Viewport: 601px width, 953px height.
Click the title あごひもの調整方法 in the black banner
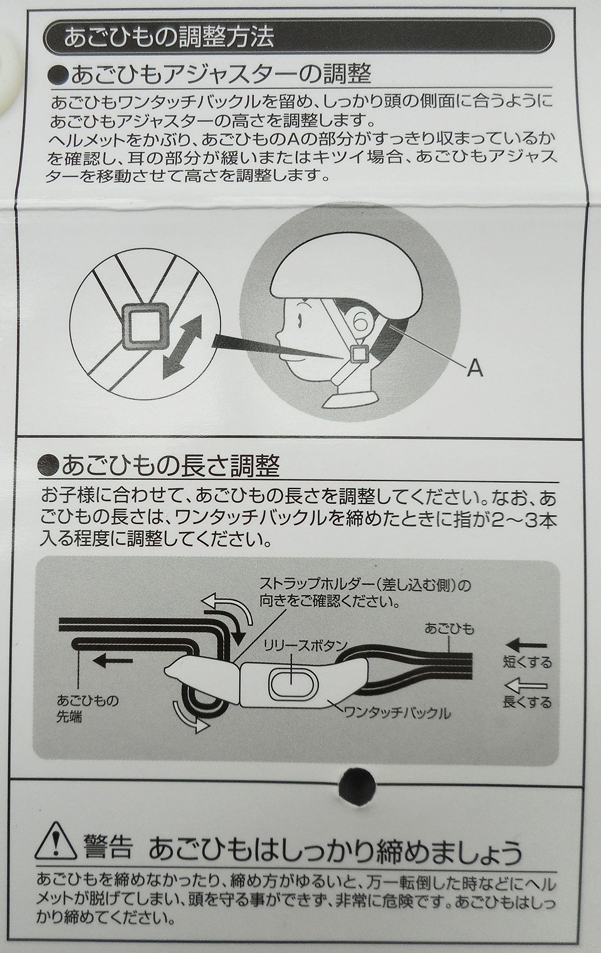169,38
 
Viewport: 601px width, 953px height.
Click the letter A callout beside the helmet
475,370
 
